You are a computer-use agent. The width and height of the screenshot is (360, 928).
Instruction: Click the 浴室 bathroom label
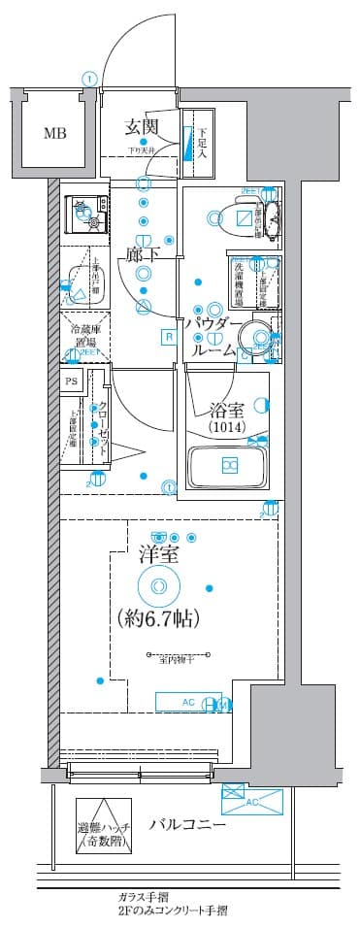click(x=225, y=409)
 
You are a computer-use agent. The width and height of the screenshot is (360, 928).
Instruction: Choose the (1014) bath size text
click(x=226, y=428)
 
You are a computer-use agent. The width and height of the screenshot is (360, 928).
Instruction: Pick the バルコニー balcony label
click(x=187, y=825)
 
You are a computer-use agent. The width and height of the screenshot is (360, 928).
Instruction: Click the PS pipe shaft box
click(x=71, y=382)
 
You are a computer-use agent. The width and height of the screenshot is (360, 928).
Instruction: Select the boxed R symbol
click(x=168, y=337)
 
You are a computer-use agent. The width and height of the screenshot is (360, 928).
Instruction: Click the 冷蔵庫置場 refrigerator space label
click(x=82, y=336)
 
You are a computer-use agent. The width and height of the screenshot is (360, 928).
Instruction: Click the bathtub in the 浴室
click(x=228, y=465)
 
